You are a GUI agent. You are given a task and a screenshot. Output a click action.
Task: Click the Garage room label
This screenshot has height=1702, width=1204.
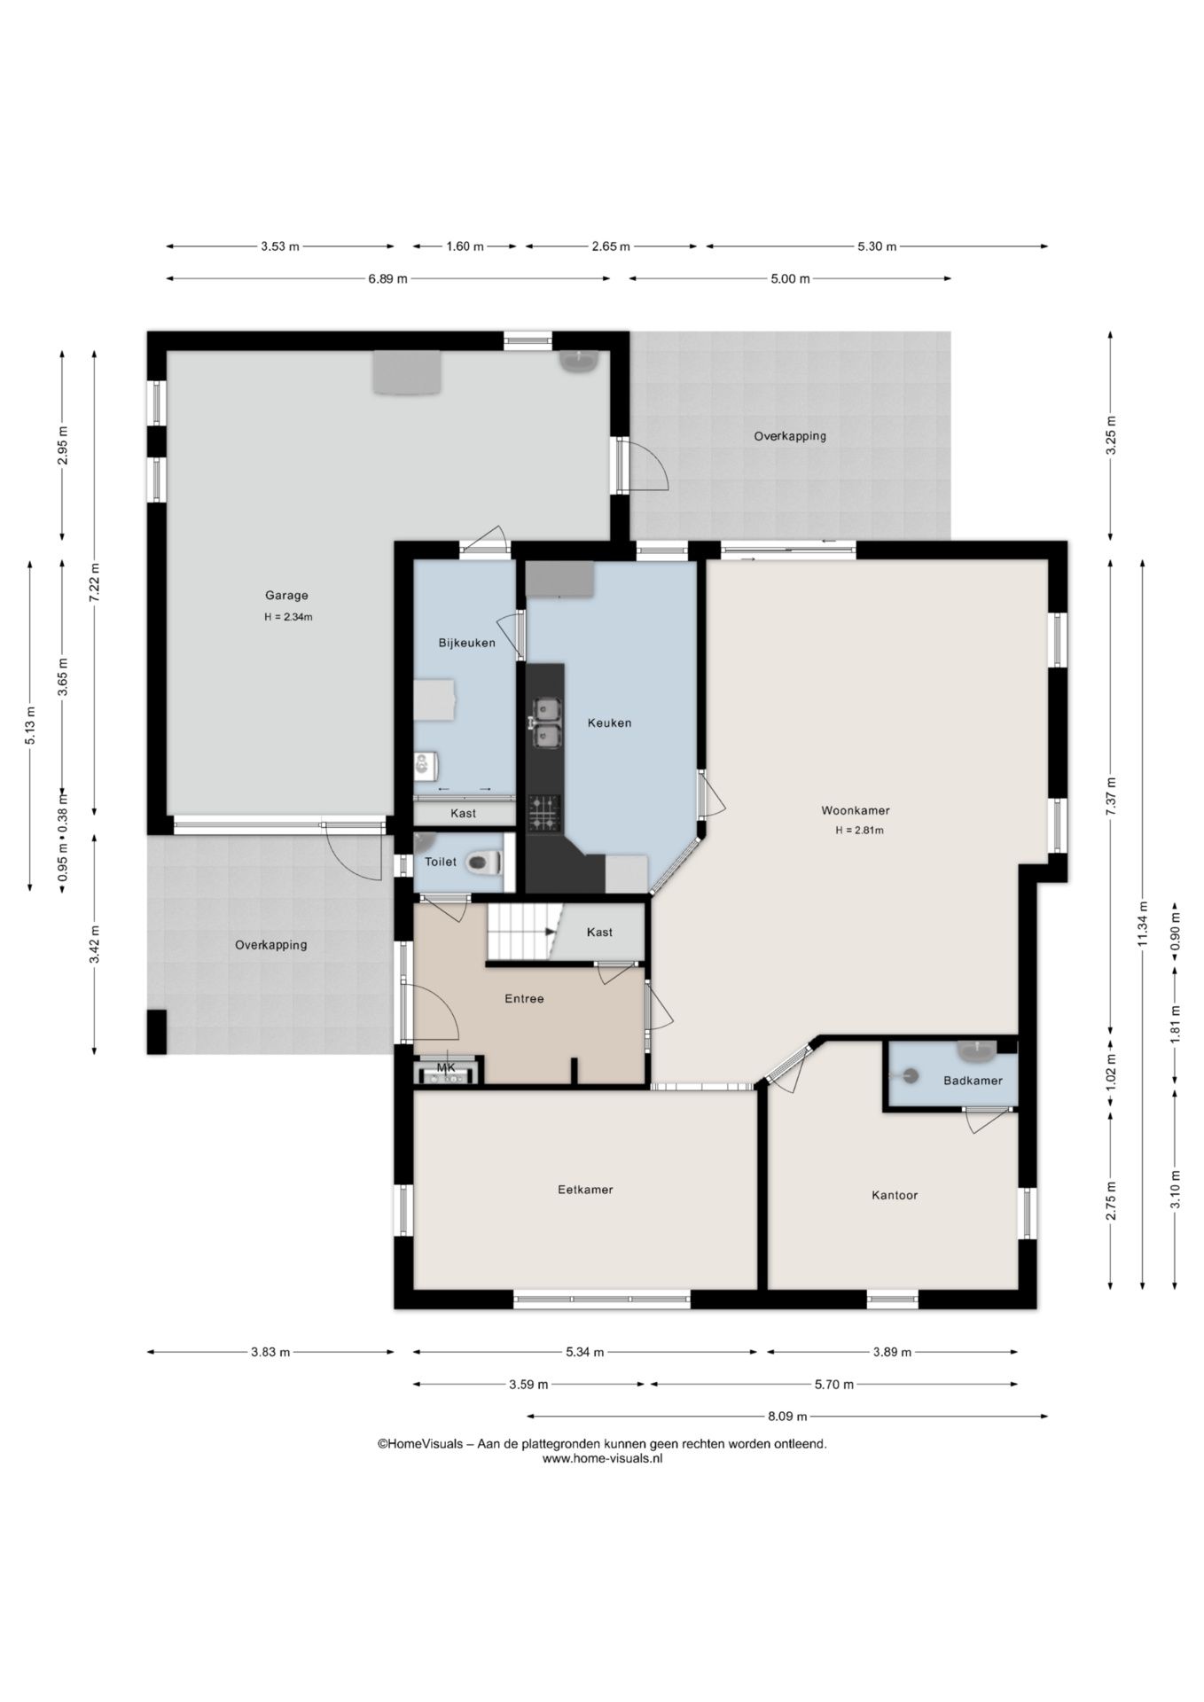(286, 596)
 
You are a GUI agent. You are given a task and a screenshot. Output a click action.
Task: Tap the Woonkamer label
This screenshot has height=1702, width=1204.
(856, 810)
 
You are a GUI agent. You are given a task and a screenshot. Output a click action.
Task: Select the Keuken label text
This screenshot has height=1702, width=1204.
(610, 722)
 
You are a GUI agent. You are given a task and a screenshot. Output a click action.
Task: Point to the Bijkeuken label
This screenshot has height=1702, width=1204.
(467, 643)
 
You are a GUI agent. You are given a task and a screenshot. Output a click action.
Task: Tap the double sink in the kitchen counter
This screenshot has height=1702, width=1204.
(546, 722)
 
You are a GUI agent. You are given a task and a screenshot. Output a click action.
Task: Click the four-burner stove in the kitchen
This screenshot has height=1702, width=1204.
(545, 813)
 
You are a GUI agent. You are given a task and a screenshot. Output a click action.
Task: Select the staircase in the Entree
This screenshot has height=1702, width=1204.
(525, 932)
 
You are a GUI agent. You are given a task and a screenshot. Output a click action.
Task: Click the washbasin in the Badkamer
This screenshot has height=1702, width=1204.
(977, 1051)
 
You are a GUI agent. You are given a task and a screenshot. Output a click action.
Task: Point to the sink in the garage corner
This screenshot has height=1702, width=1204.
(580, 362)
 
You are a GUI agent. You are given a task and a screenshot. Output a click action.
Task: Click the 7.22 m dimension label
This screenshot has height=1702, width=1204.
(95, 582)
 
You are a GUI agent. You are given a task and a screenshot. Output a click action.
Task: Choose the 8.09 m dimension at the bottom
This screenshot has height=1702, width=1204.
(787, 1416)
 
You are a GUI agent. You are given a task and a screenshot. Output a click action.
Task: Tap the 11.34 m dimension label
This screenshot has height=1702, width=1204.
(1143, 924)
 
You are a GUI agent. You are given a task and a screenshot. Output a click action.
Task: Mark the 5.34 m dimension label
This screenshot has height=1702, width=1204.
(585, 1352)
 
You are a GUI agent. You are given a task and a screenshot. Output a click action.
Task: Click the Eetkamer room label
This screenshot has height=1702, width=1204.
(585, 1190)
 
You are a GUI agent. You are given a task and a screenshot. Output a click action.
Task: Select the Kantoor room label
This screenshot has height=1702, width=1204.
(895, 1195)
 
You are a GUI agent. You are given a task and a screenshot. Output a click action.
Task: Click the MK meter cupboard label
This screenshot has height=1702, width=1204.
(446, 1067)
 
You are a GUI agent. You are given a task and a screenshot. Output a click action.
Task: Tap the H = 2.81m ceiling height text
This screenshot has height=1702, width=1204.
(859, 831)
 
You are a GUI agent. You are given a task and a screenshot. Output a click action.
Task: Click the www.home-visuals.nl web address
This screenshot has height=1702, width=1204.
(602, 1458)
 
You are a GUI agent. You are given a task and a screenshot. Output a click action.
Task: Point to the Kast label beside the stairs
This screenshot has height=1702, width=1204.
(599, 932)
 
